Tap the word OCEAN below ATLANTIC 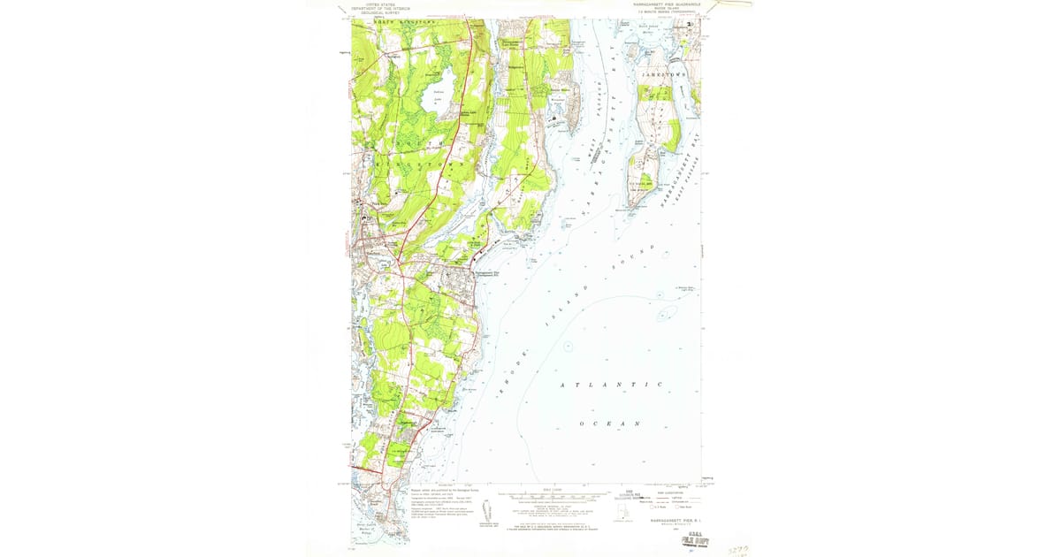click(610, 424)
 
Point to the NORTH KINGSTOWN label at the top click(382, 23)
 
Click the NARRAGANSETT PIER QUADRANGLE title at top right click(662, 5)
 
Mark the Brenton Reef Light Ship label click(686, 288)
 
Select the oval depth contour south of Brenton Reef click(665, 312)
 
